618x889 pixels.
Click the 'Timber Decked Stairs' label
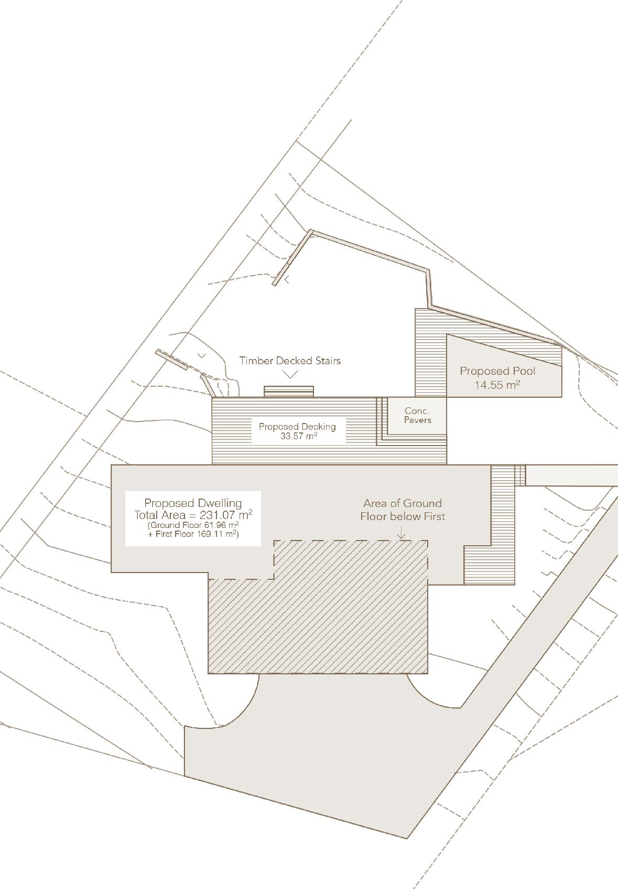tap(290, 361)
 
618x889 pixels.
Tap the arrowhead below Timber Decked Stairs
tap(290, 374)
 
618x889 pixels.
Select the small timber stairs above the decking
tap(288, 391)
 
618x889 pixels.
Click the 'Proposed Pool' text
tap(497, 371)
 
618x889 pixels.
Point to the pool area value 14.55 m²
tap(497, 385)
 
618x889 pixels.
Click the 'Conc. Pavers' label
tap(417, 415)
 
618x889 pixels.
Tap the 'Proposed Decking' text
tap(297, 427)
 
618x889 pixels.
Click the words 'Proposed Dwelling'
tap(193, 503)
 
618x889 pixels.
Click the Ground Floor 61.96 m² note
tap(193, 525)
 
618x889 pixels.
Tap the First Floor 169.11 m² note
tap(193, 534)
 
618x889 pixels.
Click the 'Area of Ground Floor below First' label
tap(403, 510)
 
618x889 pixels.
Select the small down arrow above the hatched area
tap(402, 534)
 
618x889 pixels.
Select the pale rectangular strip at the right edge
tap(571, 475)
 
